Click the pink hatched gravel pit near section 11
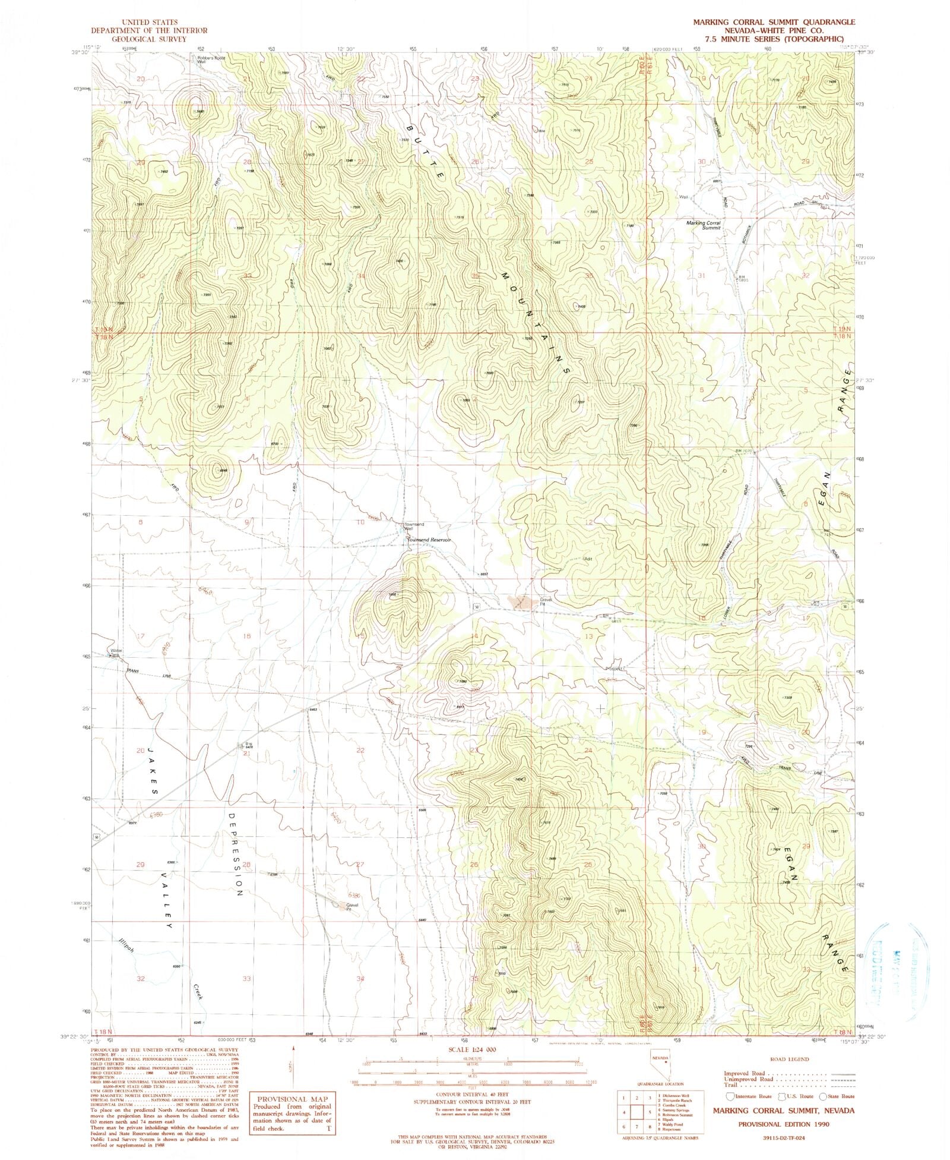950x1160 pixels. pos(522,602)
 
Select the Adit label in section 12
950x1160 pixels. pos(588,559)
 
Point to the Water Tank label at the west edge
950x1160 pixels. pos(116,652)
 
